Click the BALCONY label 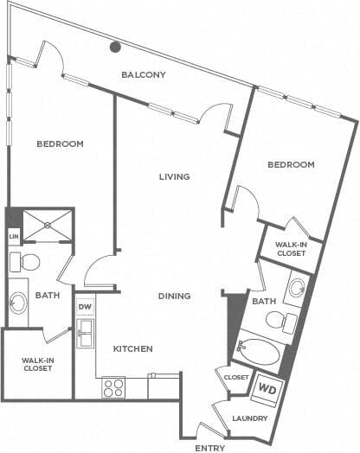pos(143,74)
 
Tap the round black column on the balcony pos(115,48)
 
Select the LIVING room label pos(174,176)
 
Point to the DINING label pos(174,296)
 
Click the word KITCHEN pos(132,348)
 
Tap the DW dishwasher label pos(85,307)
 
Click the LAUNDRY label pos(250,418)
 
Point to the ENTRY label pos(210,448)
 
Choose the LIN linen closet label pos(13,236)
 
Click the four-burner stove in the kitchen pos(113,387)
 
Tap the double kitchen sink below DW pos(85,332)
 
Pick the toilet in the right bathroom pos(282,322)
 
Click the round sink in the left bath pos(19,303)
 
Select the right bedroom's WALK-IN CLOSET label pos(291,249)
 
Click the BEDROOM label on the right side pos(290,164)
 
